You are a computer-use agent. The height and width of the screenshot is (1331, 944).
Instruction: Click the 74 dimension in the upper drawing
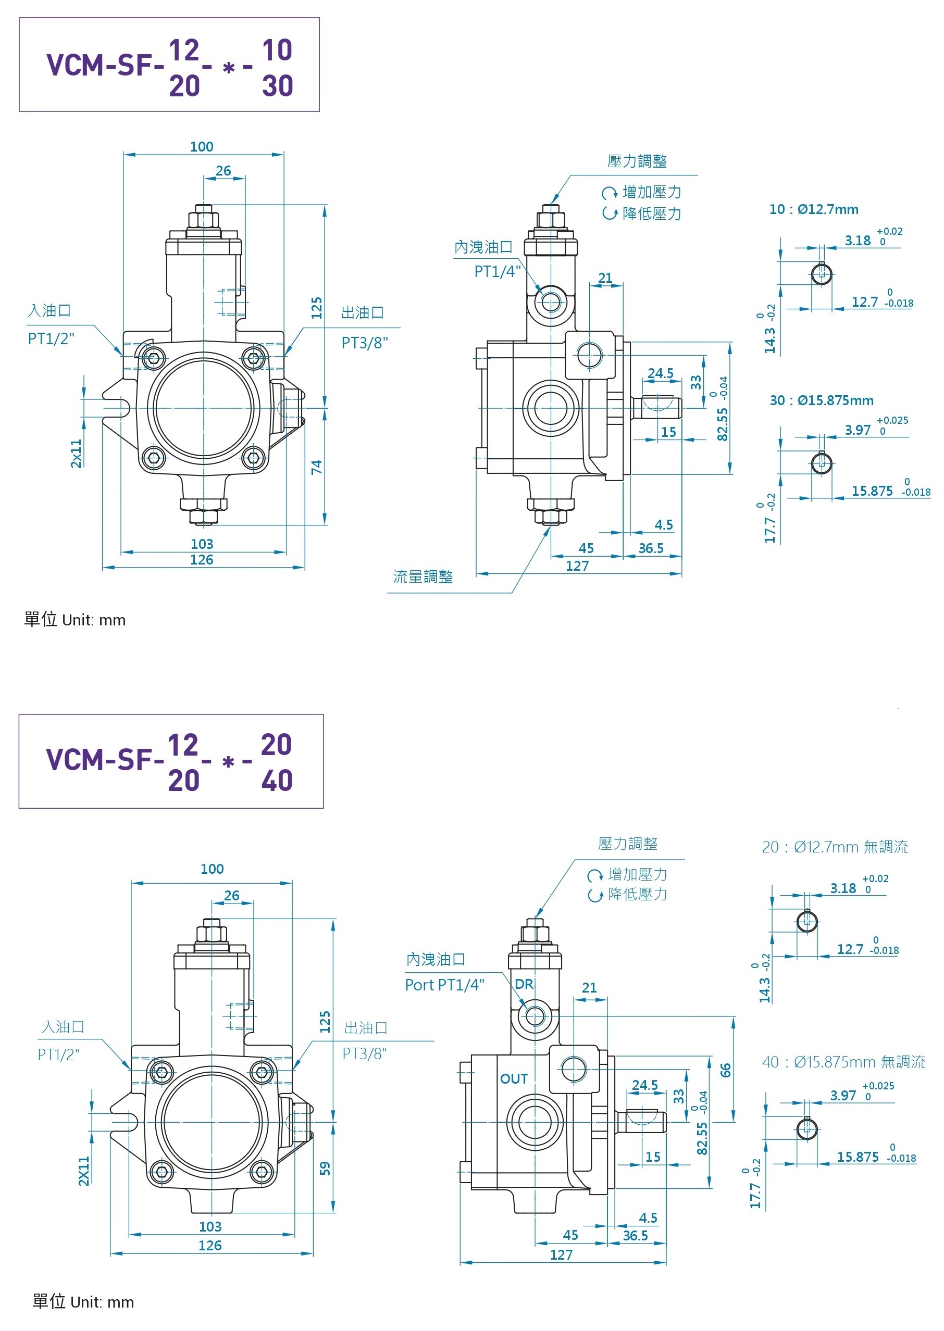coord(316,467)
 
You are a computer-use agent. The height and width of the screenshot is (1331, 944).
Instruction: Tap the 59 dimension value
coord(325,1167)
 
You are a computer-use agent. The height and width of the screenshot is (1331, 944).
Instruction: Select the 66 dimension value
coord(725,1070)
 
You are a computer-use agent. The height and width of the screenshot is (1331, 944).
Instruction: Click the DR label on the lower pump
coord(524,984)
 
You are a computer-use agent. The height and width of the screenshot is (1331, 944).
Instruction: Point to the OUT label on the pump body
coord(514,1079)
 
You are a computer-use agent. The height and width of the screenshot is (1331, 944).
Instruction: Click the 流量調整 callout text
coord(423,576)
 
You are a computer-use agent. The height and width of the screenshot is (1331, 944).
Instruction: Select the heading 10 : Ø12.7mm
coord(813,210)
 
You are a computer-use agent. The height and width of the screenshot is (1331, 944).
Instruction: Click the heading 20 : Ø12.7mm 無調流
coord(834,847)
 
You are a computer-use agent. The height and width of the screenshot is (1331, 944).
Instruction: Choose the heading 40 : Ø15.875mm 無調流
coord(843,1062)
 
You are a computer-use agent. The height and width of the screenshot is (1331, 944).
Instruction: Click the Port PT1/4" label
coord(444,985)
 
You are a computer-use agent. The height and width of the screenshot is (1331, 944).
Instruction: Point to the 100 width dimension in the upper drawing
coord(202,146)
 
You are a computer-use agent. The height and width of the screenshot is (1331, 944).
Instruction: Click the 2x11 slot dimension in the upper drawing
coord(76,453)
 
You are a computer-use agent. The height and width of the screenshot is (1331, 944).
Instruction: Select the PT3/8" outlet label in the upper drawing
coord(365,343)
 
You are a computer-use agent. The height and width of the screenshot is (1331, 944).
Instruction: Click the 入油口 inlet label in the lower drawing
coord(63,1026)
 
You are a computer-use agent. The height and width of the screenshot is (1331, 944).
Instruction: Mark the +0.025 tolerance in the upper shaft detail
coord(892,420)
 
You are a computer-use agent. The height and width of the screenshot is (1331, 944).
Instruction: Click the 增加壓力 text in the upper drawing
coord(651,192)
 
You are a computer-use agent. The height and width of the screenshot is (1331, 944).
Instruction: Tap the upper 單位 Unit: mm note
coord(75,620)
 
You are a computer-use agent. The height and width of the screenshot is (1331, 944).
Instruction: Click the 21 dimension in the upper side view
coord(605,278)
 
